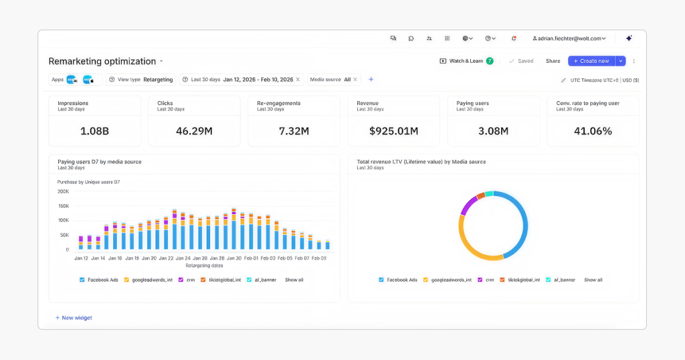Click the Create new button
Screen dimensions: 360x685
pos(591,61)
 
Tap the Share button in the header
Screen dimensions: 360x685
pos(553,61)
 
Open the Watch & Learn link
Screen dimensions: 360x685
pos(466,61)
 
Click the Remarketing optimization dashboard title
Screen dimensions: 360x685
pos(102,61)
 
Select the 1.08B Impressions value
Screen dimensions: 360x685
pos(94,131)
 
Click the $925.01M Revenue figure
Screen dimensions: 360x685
pos(393,131)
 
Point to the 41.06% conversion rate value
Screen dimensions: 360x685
pos(593,131)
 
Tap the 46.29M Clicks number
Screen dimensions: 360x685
pos(194,131)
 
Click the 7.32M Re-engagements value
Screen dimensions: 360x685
pos(294,131)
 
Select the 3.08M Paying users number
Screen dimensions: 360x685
pos(493,131)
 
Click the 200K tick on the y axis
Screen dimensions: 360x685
pos(63,191)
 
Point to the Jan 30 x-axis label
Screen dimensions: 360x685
pos(233,258)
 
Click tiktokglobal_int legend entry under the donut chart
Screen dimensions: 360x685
pos(523,280)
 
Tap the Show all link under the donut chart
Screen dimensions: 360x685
pos(593,280)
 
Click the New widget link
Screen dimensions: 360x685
pos(76,318)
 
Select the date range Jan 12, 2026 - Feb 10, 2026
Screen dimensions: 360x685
pos(258,80)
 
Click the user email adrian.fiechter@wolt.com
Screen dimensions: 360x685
pos(569,39)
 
